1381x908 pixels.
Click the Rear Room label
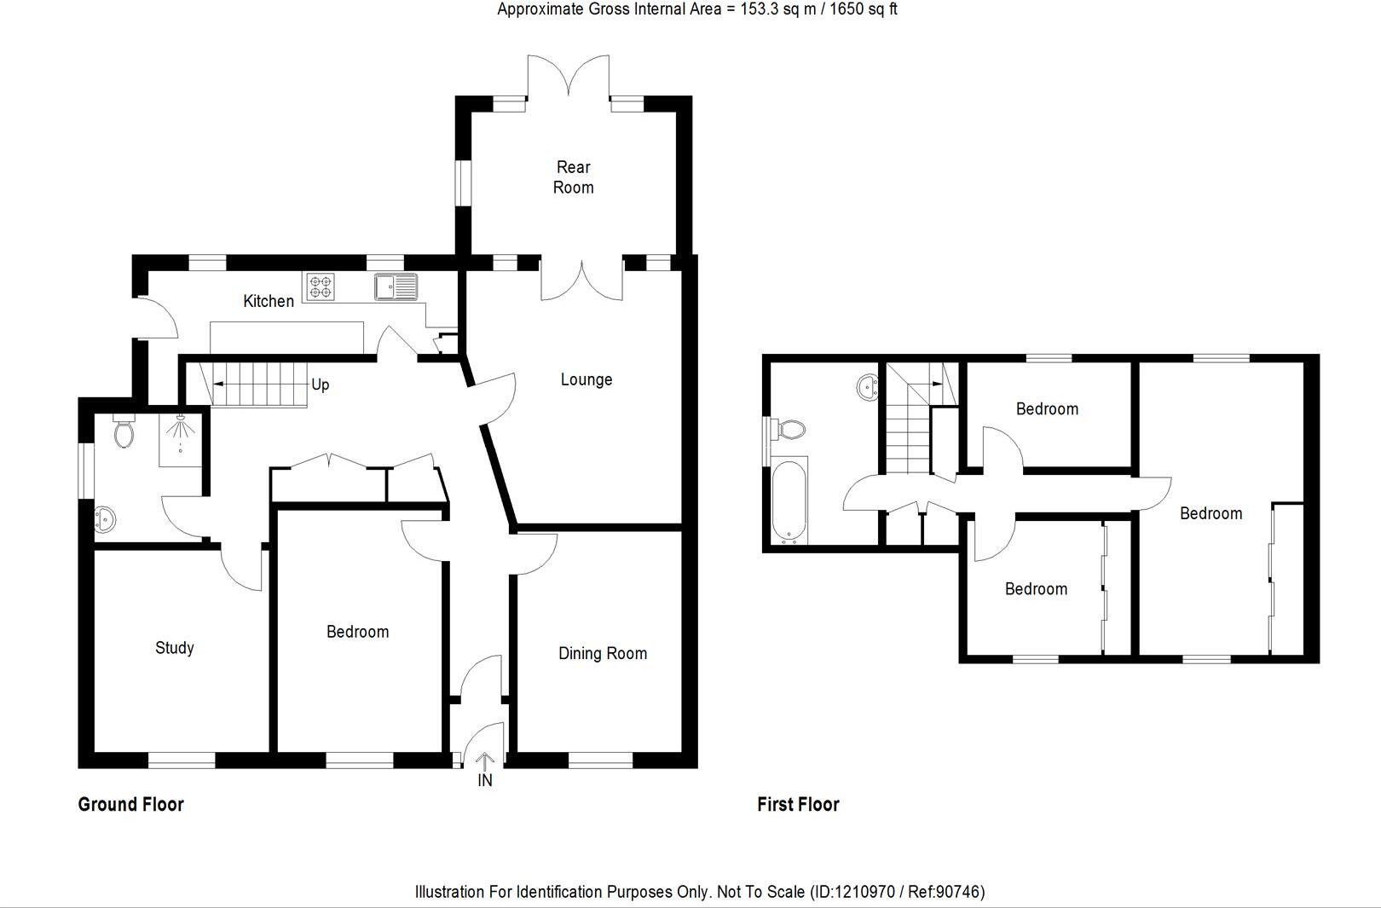573,177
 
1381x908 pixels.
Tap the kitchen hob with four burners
321,286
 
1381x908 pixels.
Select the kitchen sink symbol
396,286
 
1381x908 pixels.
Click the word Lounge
586,379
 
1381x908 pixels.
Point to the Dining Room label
602,654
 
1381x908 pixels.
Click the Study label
174,648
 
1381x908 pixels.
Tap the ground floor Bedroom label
357,632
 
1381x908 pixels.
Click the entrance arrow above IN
484,761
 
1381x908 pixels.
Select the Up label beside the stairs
320,385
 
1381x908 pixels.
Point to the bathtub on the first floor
789,501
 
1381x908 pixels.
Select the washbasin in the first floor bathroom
868,388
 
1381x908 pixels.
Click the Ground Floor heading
130,804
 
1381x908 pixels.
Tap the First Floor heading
798,804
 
